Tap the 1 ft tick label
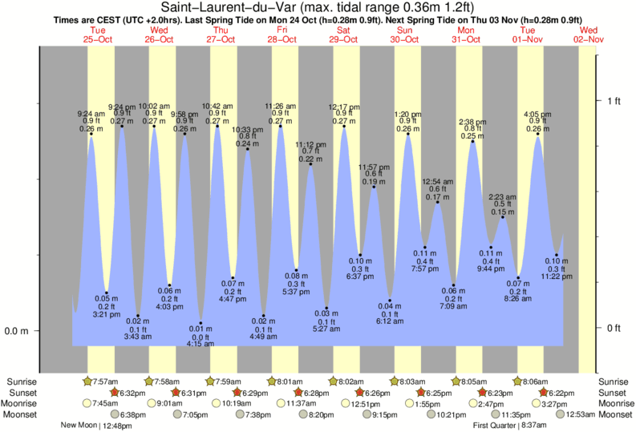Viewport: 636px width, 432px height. coord(615,100)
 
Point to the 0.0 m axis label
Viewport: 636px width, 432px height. coord(17,330)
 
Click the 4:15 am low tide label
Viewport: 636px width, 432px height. coord(201,344)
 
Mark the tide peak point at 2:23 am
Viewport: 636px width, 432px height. coord(504,217)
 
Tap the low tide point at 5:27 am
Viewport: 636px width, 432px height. coord(326,308)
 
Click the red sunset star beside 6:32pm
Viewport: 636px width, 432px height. coord(115,393)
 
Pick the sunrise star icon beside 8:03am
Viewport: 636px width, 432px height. coord(395,382)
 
